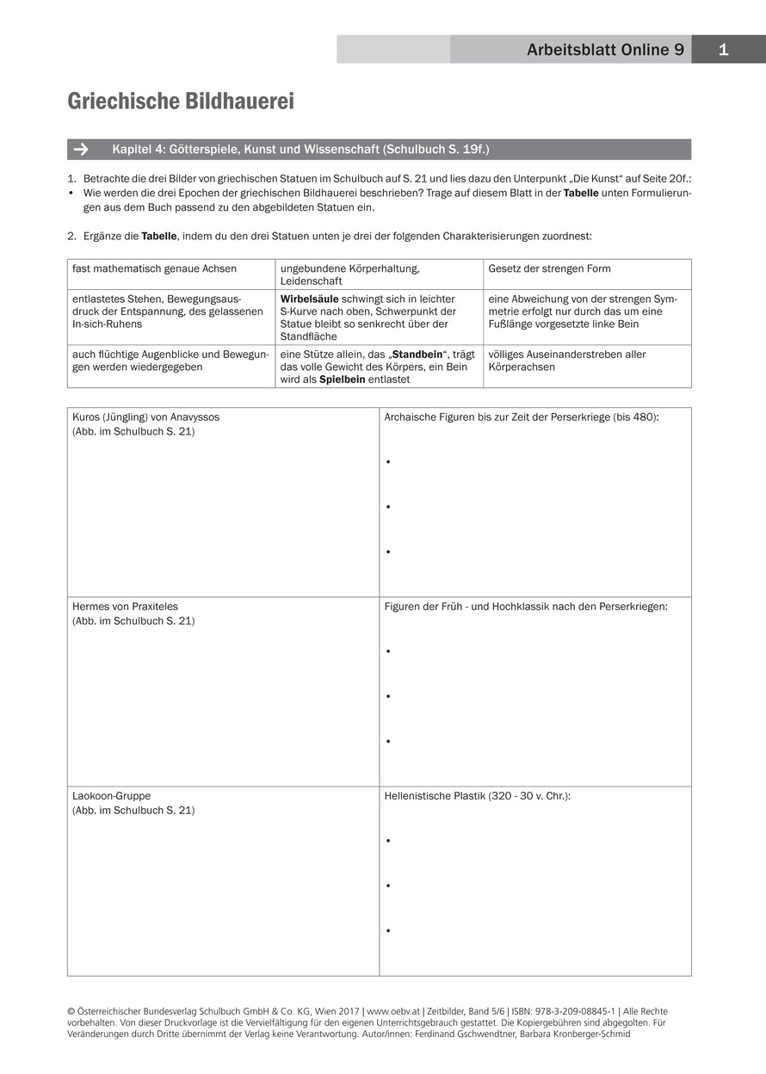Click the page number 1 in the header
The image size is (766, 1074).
pos(723,50)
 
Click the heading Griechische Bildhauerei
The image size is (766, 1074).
pos(181,102)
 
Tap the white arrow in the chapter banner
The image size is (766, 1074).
pos(81,150)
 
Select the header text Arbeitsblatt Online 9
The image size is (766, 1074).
pos(605,50)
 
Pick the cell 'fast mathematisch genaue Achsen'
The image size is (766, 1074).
pos(154,268)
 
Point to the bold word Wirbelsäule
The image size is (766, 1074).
pos(309,299)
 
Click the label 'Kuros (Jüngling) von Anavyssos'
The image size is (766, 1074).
pos(145,417)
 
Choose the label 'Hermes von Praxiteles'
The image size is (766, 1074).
pos(125,607)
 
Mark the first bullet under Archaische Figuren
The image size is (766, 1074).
pos(389,462)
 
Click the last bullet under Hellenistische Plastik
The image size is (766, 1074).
pos(389,930)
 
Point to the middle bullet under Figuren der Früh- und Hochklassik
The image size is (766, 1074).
pos(389,696)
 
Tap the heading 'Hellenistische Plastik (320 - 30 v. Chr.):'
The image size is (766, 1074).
pos(477,796)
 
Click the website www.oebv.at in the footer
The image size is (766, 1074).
pos(392,1011)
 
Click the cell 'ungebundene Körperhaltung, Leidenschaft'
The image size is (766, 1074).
pos(349,275)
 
